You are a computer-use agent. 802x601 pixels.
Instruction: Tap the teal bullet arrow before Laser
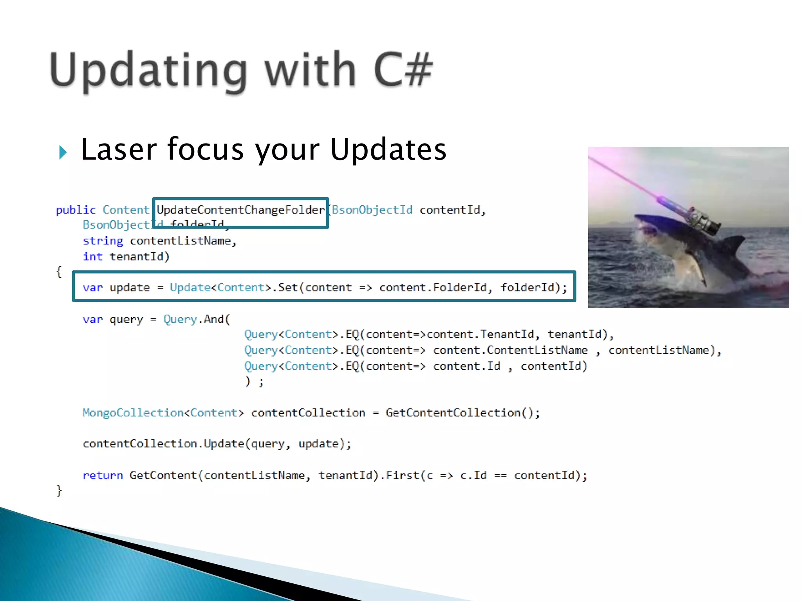coord(63,152)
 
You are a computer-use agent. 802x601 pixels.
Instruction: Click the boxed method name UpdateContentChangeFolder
coord(240,210)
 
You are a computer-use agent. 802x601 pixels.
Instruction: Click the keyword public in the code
coord(76,210)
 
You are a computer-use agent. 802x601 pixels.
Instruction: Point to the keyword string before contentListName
coord(103,241)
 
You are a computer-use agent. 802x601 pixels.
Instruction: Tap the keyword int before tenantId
coord(92,257)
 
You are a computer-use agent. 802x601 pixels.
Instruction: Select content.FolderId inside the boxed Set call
coord(433,288)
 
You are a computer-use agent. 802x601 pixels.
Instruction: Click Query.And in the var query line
coord(197,319)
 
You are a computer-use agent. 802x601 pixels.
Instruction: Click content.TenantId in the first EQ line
coord(480,335)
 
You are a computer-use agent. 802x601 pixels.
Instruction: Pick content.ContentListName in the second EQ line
coord(510,350)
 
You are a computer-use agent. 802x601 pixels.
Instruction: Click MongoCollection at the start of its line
coord(133,413)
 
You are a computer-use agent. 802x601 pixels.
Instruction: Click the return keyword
coord(103,475)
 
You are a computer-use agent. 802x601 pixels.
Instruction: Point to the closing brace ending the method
coord(59,490)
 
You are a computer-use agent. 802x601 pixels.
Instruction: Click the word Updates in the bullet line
coord(388,150)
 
